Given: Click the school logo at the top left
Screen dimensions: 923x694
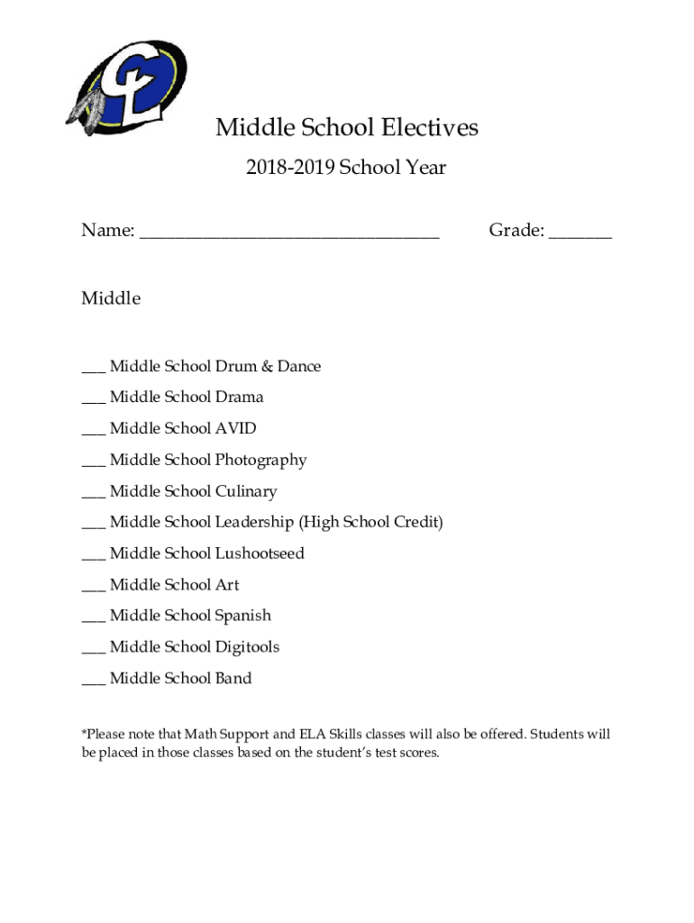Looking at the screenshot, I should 128,87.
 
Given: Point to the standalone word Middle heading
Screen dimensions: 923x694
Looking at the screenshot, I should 111,298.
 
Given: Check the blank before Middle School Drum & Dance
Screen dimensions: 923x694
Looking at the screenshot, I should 93,370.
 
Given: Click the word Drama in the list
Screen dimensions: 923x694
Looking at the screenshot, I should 239,398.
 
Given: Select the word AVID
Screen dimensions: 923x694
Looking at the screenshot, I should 235,429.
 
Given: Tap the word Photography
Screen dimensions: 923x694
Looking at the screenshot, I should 260,461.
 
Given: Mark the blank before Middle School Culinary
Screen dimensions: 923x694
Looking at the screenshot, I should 93,495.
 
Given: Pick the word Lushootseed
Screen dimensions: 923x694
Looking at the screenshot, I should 260,553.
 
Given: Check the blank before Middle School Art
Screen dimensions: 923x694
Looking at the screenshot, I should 93,589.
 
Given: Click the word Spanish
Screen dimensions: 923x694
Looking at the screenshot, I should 242,617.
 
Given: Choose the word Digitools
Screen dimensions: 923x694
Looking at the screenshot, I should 247,647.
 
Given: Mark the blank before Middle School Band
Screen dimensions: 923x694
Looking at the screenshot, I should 93,682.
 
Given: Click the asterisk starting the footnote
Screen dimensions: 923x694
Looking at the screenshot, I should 85,734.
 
